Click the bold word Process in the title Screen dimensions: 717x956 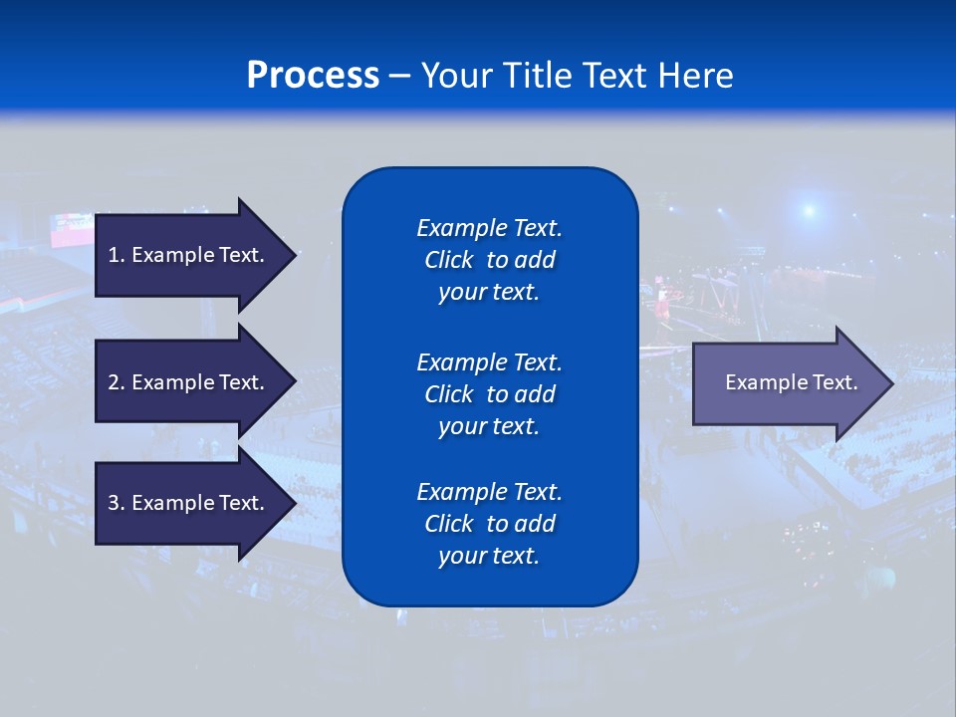point(313,76)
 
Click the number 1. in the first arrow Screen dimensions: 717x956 point(117,255)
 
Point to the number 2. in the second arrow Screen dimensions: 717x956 point(117,382)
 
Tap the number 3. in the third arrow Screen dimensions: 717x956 point(117,503)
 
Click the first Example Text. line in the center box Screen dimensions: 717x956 point(489,228)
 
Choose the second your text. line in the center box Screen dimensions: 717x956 point(489,426)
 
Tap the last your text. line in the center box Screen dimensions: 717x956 point(489,556)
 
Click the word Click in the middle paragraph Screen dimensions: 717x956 point(449,394)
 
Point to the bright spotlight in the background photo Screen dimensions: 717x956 point(809,210)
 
